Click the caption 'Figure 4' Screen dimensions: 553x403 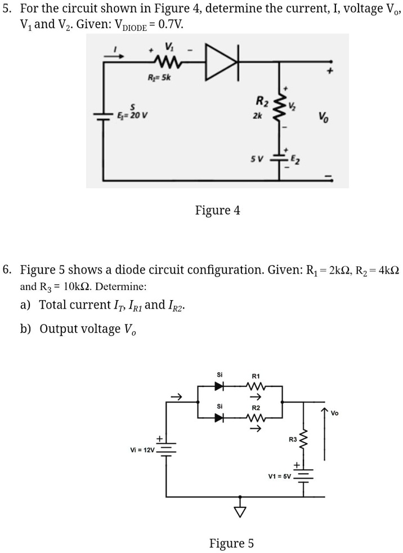[x=217, y=211]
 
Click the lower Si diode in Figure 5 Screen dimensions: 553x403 [x=220, y=417]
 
